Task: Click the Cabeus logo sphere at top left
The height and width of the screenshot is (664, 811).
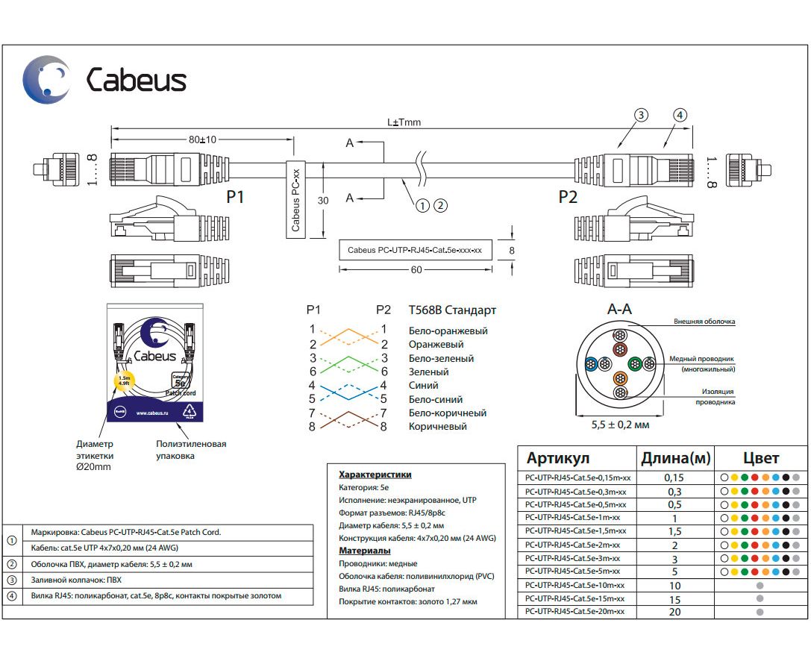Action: (46, 79)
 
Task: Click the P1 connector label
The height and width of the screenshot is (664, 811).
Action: (235, 197)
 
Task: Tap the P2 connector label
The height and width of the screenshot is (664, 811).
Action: (568, 197)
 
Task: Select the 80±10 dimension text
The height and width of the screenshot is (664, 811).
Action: (202, 140)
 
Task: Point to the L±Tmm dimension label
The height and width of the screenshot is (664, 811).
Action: (404, 122)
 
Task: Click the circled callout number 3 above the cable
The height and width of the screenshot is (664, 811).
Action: (640, 115)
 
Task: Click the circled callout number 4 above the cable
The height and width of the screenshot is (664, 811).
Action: (679, 115)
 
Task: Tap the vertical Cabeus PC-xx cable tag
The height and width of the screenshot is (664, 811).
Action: (296, 200)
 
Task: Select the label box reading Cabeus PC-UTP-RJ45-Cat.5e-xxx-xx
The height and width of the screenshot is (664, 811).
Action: (416, 250)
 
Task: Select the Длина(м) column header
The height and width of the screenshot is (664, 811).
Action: (675, 458)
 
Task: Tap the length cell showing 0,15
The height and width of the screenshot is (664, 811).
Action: (674, 477)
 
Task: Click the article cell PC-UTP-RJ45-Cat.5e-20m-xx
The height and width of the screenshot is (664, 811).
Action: (574, 612)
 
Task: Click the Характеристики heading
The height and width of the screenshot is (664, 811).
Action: (375, 474)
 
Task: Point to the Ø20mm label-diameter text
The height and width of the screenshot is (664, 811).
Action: (93, 467)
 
